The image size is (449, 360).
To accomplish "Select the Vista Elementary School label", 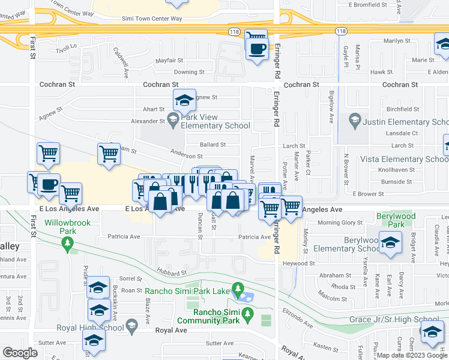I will point(403,159).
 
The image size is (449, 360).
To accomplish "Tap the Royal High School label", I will point(88,328).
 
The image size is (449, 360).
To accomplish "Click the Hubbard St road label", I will point(173,273).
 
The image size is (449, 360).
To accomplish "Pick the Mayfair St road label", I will point(169,61).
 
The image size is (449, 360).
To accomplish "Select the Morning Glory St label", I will point(337,223).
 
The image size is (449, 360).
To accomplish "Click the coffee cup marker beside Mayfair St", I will point(257,50).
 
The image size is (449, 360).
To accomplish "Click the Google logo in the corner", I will point(20,353).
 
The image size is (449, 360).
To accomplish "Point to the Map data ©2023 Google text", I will point(411,355).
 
